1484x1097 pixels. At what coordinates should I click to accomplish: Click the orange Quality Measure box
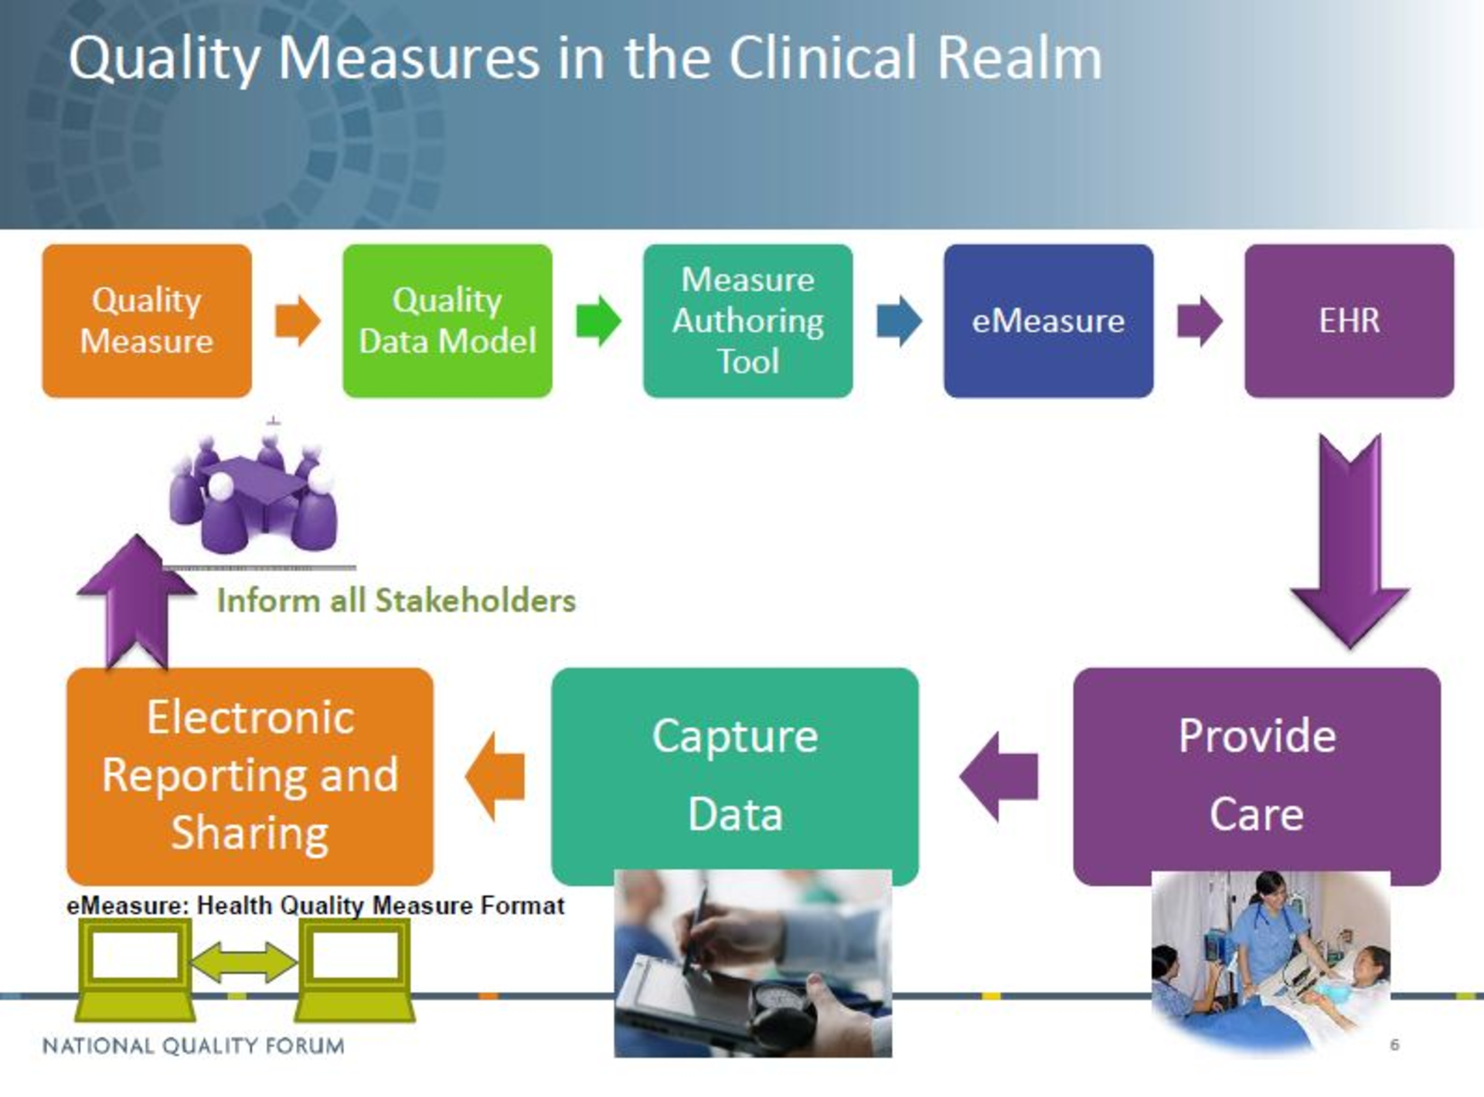coord(147,321)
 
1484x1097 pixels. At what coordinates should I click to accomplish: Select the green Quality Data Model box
coord(448,321)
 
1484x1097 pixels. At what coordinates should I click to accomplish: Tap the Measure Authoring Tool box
coord(748,321)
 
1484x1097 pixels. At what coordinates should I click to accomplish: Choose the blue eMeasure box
coord(1049,321)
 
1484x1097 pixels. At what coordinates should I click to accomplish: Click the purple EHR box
coord(1350,321)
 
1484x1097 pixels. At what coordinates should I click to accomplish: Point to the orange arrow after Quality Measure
coord(298,320)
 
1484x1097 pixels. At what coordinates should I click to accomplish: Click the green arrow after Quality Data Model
coord(598,320)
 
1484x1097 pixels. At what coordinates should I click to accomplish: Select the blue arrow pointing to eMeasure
coord(899,320)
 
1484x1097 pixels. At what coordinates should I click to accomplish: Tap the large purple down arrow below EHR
coord(1350,541)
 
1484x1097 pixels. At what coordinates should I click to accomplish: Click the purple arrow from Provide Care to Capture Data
coord(999,776)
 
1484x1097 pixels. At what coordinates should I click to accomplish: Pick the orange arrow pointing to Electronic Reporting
coord(495,776)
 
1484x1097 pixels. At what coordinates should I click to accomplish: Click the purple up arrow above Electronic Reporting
coord(136,603)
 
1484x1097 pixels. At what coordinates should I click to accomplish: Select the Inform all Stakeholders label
coord(397,601)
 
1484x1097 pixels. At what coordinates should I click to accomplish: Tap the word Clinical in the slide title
coord(822,58)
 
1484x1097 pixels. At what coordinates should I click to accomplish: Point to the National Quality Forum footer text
coord(193,1046)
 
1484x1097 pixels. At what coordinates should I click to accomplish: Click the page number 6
coord(1394,1045)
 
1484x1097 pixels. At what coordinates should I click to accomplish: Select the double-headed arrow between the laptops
coord(243,963)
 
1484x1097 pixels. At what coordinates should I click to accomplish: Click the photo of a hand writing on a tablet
coord(753,963)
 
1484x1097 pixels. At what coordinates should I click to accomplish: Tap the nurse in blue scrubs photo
coord(1271,963)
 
